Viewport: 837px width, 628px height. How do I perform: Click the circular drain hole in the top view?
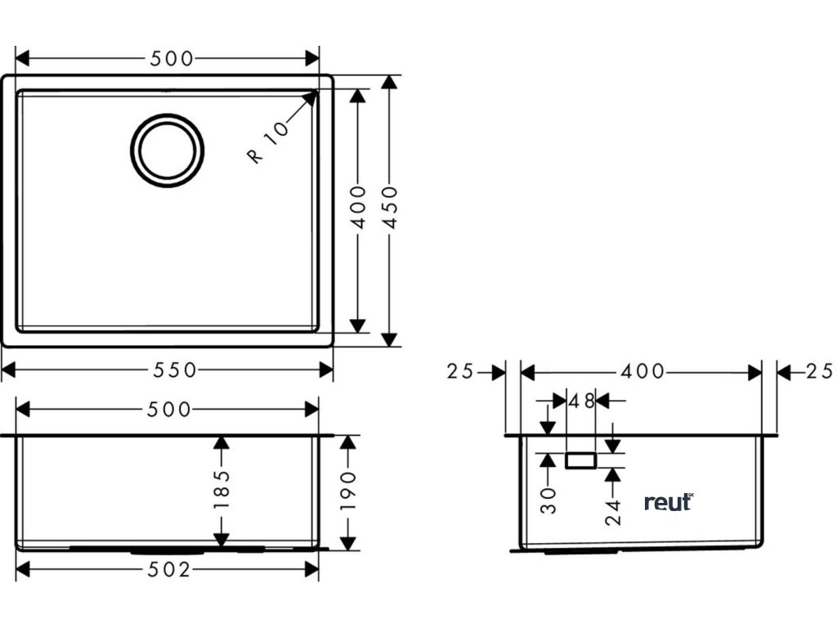168,150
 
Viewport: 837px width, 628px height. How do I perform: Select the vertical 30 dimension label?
548,500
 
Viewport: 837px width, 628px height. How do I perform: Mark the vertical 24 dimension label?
614,509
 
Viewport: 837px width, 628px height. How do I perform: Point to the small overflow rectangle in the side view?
581,461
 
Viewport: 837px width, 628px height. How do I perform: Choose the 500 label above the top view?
172,58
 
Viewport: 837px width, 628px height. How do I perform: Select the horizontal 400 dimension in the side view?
642,372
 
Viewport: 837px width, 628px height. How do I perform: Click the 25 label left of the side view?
460,372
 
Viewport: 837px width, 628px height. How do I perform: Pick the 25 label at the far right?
818,372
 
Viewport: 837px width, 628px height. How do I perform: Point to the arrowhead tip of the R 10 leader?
315,93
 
